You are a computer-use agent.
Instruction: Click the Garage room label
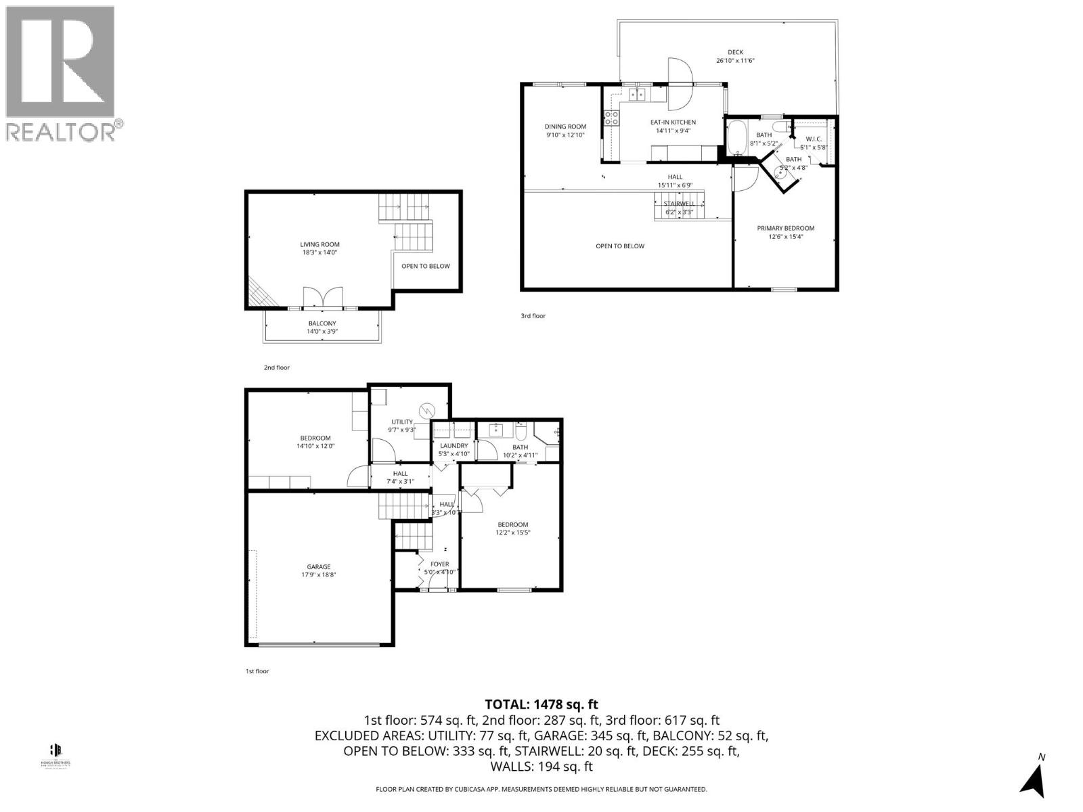pyautogui.click(x=319, y=567)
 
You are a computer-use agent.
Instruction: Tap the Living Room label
pyautogui.click(x=320, y=244)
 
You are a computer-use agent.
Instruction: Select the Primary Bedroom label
pyautogui.click(x=785, y=228)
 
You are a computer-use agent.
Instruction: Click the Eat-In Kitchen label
pyautogui.click(x=673, y=122)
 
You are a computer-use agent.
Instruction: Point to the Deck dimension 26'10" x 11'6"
pyautogui.click(x=735, y=61)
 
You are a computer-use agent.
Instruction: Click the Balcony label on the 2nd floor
pyautogui.click(x=322, y=323)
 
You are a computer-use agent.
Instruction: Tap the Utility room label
pyautogui.click(x=401, y=422)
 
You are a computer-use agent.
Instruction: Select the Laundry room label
pyautogui.click(x=454, y=446)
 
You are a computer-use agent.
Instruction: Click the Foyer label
pyautogui.click(x=439, y=564)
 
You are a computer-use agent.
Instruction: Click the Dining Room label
pyautogui.click(x=565, y=127)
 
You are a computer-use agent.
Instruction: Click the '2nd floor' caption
pyautogui.click(x=276, y=367)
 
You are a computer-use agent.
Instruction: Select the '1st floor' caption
pyautogui.click(x=257, y=671)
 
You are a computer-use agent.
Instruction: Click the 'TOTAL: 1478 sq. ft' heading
pyautogui.click(x=541, y=705)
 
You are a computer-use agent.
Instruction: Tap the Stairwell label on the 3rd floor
pyautogui.click(x=679, y=204)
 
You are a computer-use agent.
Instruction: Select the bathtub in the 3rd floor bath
pyautogui.click(x=736, y=138)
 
